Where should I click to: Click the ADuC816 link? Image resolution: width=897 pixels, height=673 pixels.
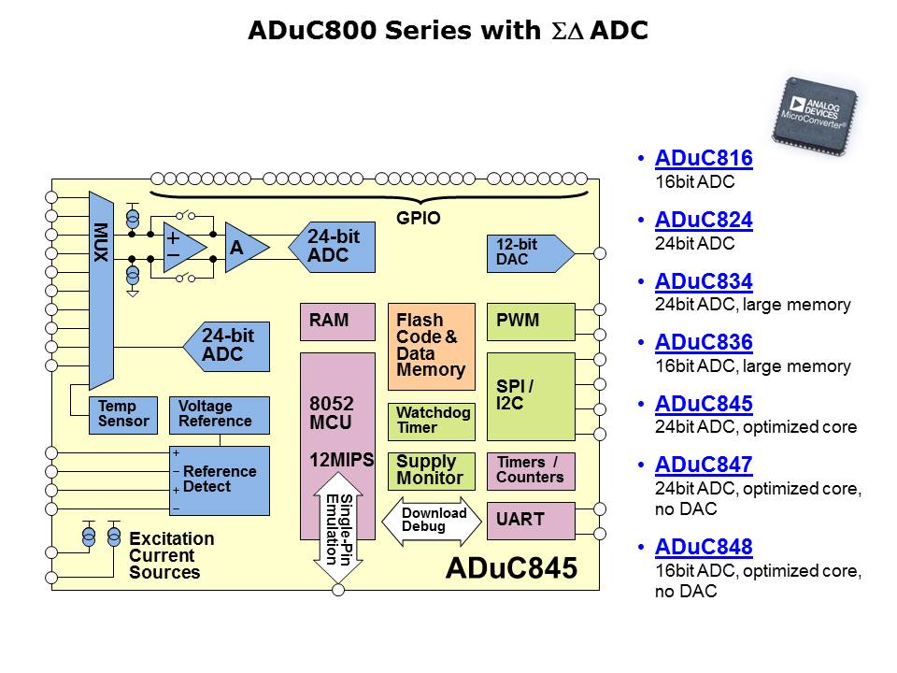pyautogui.click(x=704, y=159)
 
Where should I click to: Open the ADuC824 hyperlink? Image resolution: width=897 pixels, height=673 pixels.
pyautogui.click(x=704, y=221)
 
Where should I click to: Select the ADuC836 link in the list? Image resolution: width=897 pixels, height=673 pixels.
pyautogui.click(x=704, y=343)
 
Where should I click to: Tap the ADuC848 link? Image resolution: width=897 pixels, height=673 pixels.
pyautogui.click(x=704, y=547)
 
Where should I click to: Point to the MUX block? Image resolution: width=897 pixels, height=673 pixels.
pyautogui.click(x=101, y=290)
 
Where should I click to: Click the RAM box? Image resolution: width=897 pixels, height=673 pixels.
pyautogui.click(x=336, y=322)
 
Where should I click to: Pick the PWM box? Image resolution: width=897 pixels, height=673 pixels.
pyautogui.click(x=530, y=322)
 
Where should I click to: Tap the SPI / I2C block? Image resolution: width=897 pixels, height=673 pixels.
pyautogui.click(x=530, y=395)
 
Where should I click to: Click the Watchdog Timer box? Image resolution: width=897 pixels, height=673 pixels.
pyautogui.click(x=431, y=422)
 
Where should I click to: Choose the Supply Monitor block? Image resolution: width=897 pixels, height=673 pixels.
pyautogui.click(x=431, y=470)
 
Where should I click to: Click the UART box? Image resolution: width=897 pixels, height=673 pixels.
pyautogui.click(x=530, y=521)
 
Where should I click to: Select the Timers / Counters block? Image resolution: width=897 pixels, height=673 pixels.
pyautogui.click(x=530, y=470)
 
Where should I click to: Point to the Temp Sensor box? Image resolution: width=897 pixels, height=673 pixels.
pyautogui.click(x=123, y=415)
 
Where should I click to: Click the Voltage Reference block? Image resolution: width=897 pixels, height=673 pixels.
pyautogui.click(x=219, y=415)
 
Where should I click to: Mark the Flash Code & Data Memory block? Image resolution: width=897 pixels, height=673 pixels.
pyautogui.click(x=431, y=346)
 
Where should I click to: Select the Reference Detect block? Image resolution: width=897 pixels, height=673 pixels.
pyautogui.click(x=219, y=480)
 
